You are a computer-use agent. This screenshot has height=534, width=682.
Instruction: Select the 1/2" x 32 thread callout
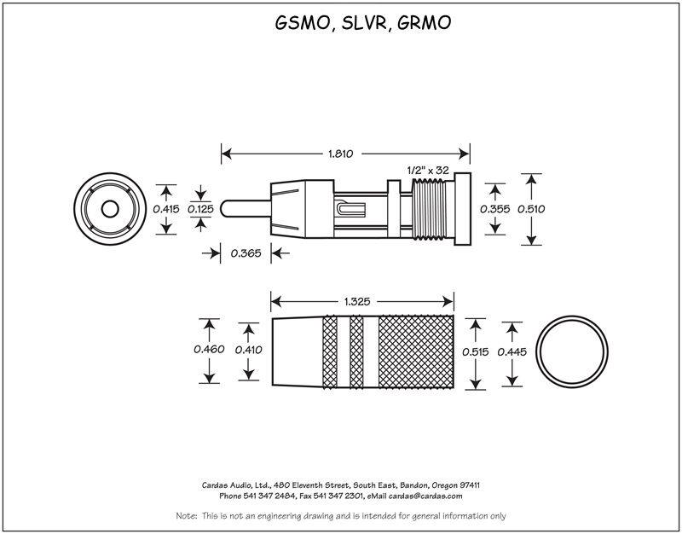pyautogui.click(x=430, y=169)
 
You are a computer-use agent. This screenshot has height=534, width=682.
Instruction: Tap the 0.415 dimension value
pyautogui.click(x=165, y=209)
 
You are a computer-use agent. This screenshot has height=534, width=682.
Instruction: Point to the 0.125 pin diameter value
pyautogui.click(x=201, y=209)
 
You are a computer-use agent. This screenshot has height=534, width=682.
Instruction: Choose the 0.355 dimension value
pyautogui.click(x=495, y=209)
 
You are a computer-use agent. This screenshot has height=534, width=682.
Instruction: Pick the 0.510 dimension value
pyautogui.click(x=531, y=209)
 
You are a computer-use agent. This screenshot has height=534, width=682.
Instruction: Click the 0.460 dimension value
pyautogui.click(x=209, y=350)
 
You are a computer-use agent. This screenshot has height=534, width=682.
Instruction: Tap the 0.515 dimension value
pyautogui.click(x=476, y=351)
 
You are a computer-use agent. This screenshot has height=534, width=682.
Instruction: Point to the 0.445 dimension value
pyautogui.click(x=512, y=351)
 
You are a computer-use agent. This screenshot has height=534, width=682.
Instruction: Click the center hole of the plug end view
pyautogui.click(x=109, y=209)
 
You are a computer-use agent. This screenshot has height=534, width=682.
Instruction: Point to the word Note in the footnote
pyautogui.click(x=185, y=516)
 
